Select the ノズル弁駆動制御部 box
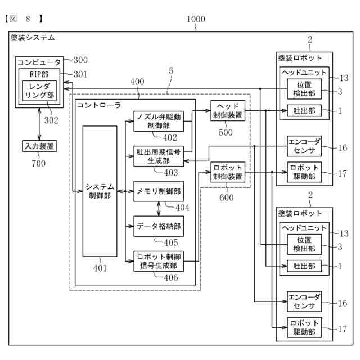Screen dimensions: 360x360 pyautogui.click(x=158, y=121)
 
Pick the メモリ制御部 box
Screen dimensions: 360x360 pyautogui.click(x=158, y=191)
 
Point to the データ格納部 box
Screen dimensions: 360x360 pyautogui.click(x=158, y=226)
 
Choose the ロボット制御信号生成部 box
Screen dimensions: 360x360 pyautogui.click(x=158, y=261)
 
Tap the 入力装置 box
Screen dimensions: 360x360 pyautogui.click(x=39, y=147)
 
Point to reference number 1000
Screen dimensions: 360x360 pyautogui.click(x=196, y=19)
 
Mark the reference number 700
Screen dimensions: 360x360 pyautogui.click(x=38, y=164)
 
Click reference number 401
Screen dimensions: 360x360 pyautogui.click(x=100, y=268)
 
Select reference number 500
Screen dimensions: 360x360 pyautogui.click(x=226, y=133)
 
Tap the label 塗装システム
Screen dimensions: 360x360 pyautogui.click(x=33, y=38)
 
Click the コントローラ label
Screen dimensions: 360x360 pyautogui.click(x=99, y=105)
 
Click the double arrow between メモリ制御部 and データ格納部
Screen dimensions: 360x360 pyautogui.click(x=159, y=209)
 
